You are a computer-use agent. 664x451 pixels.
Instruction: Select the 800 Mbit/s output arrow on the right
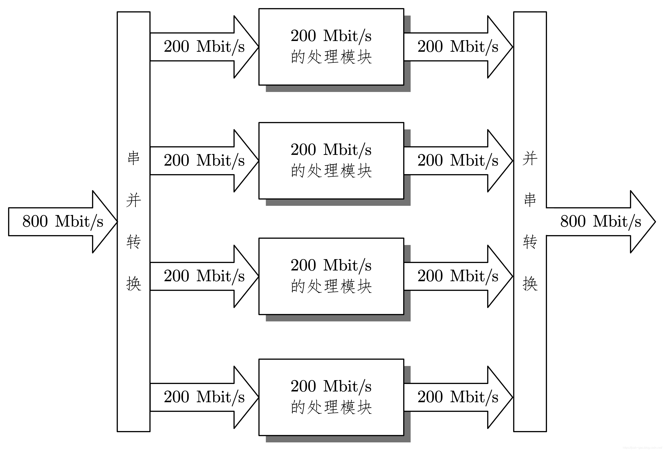pos(600,222)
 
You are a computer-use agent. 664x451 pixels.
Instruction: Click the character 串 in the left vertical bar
pos(133,158)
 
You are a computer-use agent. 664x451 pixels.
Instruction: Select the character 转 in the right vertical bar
pos(530,242)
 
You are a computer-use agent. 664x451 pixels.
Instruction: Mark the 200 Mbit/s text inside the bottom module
pos(331,386)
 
